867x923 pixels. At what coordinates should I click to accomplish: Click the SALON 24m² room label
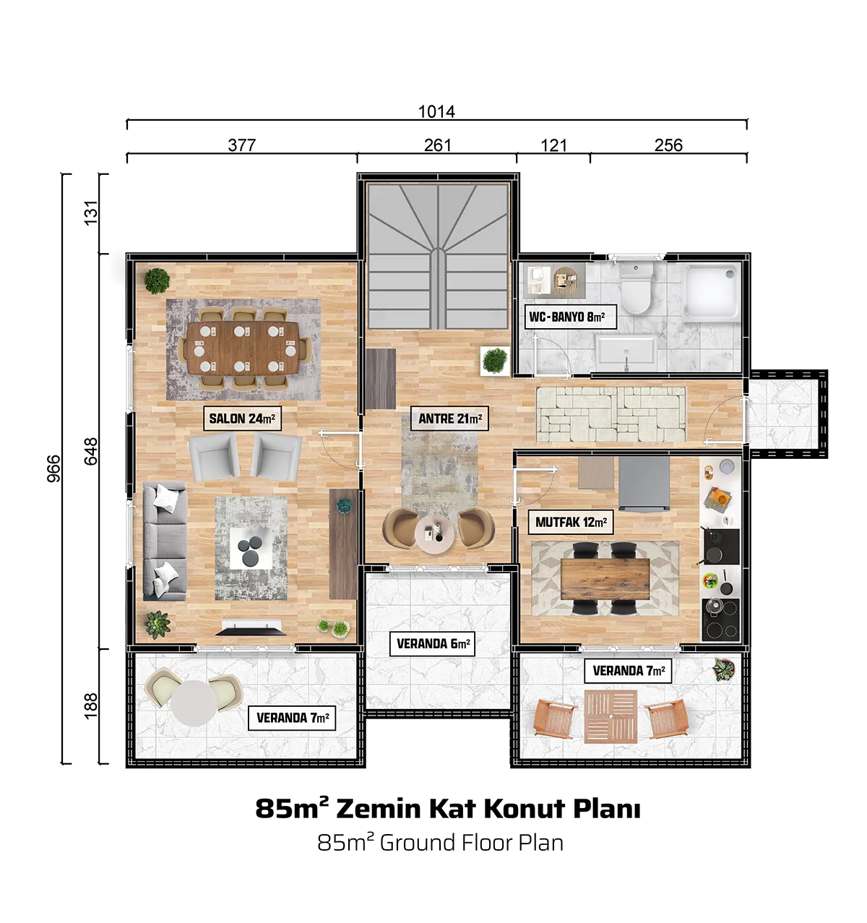[242, 418]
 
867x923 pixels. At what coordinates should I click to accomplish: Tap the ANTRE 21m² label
[450, 418]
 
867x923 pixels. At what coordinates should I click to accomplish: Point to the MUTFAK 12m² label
[571, 522]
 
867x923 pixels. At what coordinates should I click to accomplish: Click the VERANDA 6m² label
[433, 644]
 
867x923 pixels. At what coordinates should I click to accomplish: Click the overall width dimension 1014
[436, 111]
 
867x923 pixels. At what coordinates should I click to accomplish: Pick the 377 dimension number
[241, 145]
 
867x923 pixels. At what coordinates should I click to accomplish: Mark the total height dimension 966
[53, 468]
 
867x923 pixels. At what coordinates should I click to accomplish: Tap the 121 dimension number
[553, 145]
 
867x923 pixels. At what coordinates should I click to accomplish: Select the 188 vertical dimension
[91, 705]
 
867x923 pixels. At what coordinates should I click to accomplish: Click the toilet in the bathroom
[635, 288]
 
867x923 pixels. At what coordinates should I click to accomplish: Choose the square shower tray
[712, 292]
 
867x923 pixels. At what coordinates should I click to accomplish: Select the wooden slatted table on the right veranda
[611, 717]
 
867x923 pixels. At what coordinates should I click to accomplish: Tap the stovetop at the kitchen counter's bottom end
[720, 619]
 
